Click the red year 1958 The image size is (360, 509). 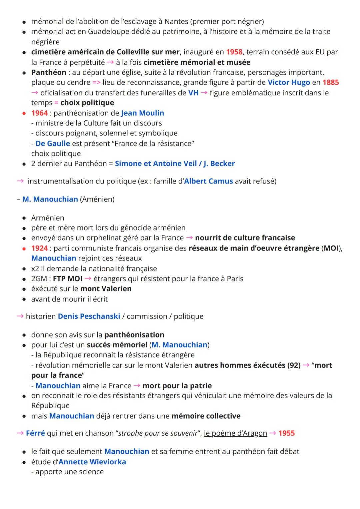pos(234,52)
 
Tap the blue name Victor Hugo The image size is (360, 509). pos(289,82)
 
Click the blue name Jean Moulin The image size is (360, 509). pos(142,113)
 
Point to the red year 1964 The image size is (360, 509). pos(39,113)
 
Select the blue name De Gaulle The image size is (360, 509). pos(53,143)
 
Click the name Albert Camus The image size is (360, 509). pos(208,181)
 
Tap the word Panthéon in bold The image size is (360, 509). pos(49,72)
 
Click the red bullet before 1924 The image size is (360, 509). pos(24,248)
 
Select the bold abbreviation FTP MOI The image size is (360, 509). pos(68,279)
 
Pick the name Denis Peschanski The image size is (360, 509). pos(89,316)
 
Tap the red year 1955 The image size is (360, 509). pos(286,433)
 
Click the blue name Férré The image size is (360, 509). pos(35,433)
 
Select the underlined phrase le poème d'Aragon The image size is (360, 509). pos(235,433)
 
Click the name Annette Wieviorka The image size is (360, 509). pos(92,462)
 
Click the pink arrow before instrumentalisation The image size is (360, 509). pos(20,181)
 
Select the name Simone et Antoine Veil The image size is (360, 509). pos(156,164)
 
